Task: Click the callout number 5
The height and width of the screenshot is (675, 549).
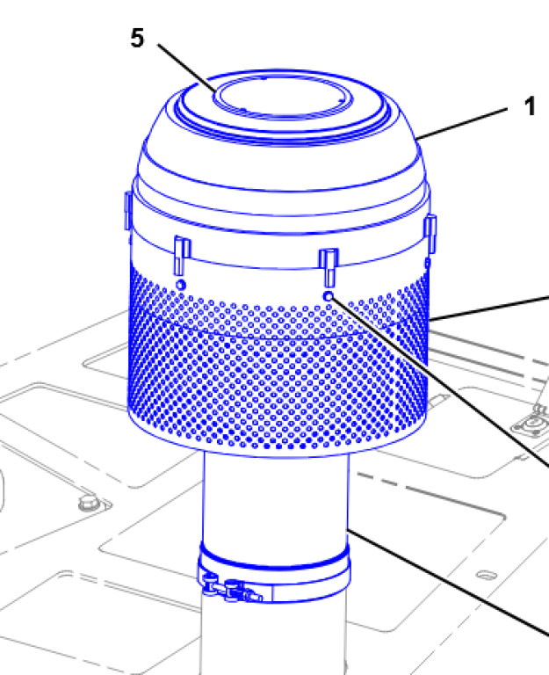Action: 137,38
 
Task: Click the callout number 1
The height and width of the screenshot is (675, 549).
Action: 530,105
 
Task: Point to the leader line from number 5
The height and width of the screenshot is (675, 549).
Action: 187,68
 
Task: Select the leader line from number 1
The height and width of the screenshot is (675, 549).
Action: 462,124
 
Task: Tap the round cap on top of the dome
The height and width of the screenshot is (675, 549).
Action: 283,97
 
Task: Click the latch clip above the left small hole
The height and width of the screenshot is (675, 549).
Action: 182,255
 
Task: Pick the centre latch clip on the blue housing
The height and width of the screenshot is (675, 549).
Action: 329,267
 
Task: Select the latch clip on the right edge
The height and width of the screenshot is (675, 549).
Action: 430,235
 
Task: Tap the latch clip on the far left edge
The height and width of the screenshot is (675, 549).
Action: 127,211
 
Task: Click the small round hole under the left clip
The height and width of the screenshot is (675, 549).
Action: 181,285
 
